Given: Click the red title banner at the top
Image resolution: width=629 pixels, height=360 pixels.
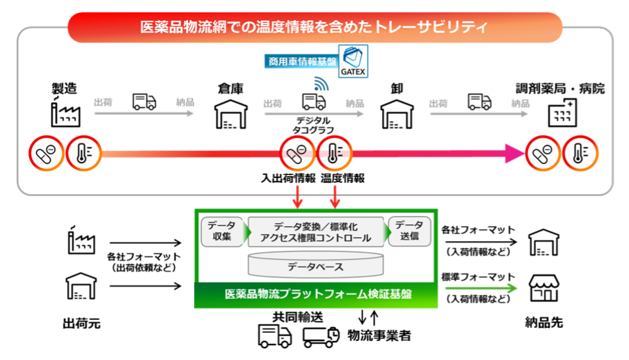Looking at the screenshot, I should pyautogui.click(x=314, y=28).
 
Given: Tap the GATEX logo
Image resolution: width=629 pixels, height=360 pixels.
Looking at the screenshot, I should pyautogui.click(x=353, y=60).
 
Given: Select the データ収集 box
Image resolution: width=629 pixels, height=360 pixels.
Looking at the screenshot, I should pyautogui.click(x=221, y=231).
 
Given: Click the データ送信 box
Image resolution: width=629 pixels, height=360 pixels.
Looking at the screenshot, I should pyautogui.click(x=409, y=231).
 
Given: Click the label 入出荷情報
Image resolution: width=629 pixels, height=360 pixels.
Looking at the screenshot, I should pyautogui.click(x=288, y=179).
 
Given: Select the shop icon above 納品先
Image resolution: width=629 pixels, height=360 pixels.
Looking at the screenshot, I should pyautogui.click(x=544, y=288).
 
